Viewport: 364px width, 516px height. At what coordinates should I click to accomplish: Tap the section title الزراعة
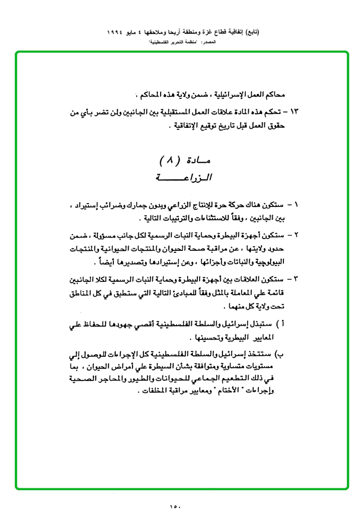pyautogui.click(x=183, y=178)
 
